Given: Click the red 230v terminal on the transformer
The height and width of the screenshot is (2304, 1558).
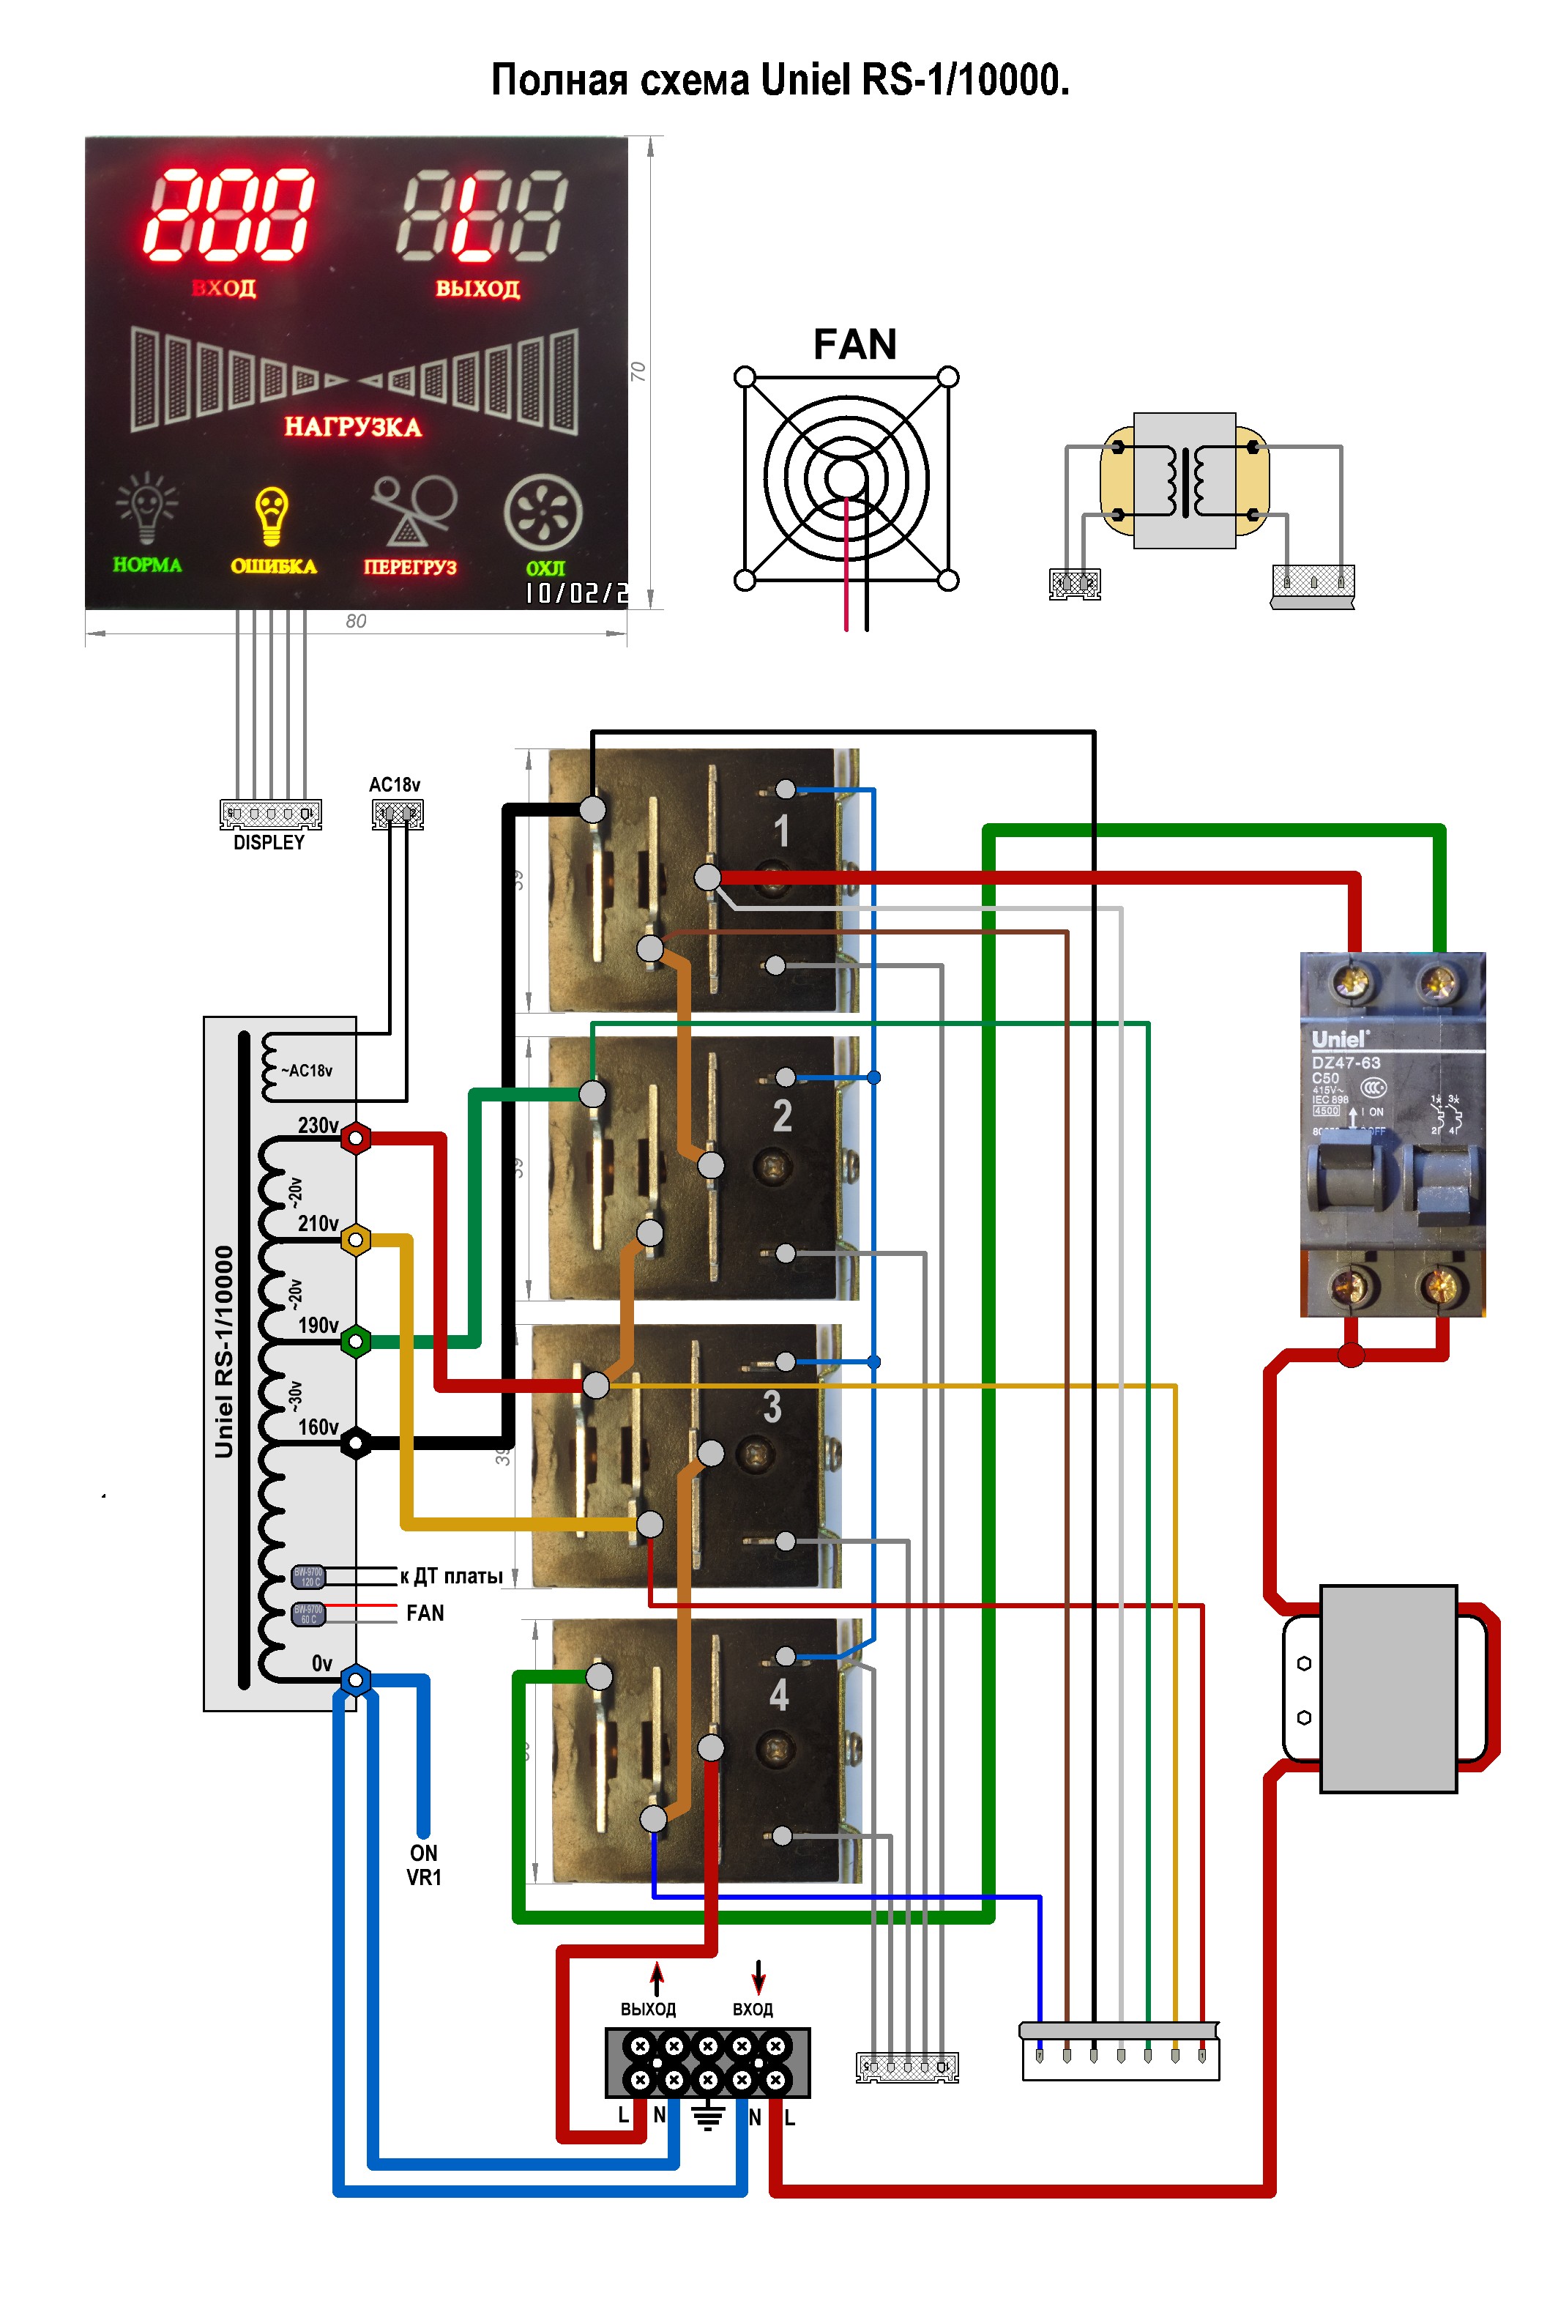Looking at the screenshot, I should [x=355, y=1137].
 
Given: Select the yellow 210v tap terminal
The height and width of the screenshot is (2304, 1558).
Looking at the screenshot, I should [x=355, y=1239].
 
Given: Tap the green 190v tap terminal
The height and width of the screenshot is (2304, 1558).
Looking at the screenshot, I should [x=355, y=1342].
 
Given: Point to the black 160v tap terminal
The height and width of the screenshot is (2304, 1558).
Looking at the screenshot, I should [x=355, y=1443].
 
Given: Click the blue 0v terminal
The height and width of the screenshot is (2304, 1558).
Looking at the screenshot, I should [x=355, y=1679].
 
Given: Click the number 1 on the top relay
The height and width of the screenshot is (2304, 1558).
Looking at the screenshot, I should [x=781, y=830].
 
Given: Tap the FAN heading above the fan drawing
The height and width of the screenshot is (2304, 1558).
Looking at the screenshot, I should [x=854, y=345].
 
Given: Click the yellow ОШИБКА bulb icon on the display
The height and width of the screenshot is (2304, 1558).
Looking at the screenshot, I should [x=271, y=516].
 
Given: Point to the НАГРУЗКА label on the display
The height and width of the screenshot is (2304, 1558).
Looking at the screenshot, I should [x=353, y=427].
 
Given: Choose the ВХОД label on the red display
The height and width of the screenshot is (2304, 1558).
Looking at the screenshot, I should [x=224, y=289].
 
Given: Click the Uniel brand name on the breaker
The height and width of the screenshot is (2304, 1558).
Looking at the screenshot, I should [x=1339, y=1039].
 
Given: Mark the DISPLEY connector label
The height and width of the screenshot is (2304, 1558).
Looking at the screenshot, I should [x=269, y=843].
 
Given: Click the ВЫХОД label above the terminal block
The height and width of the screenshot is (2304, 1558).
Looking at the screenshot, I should [x=647, y=2009].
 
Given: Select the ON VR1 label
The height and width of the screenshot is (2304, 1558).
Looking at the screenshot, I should [x=423, y=1865].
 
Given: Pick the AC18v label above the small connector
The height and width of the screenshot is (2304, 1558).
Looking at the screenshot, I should [x=395, y=784].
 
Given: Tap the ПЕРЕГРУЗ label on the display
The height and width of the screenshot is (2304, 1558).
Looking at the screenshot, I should [x=409, y=567].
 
